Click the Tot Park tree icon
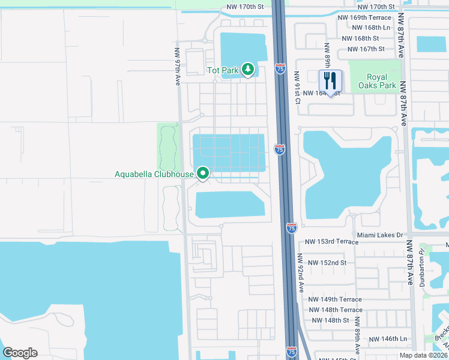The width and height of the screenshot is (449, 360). pos(248,70)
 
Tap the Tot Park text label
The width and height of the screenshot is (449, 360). pos(223,70)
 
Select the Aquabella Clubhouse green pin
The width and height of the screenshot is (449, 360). pos(203,174)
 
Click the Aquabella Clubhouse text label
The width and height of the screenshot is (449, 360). pos(154,175)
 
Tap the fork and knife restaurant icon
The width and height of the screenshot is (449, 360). pos(330,80)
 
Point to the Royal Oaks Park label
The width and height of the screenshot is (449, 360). pos(382,81)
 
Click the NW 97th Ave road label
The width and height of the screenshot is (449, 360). pos(177,66)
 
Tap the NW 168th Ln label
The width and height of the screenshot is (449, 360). pos(371,28)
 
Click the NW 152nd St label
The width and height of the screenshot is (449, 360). pos(327,263)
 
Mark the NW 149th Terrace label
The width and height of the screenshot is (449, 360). pos(335,299)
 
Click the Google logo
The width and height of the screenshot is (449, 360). pos(20,353)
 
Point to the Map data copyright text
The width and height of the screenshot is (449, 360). pos(424,355)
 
